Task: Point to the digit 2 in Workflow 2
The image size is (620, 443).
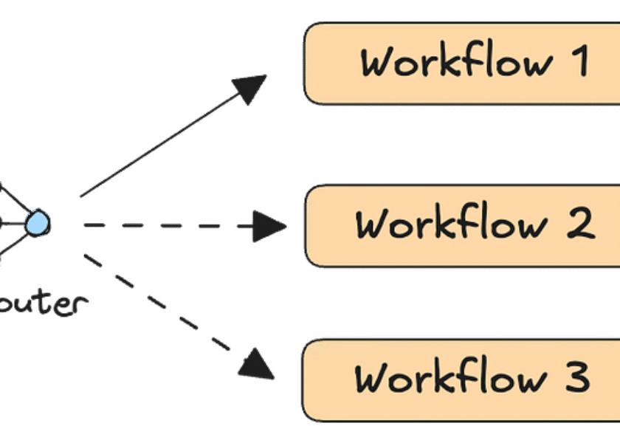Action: (581, 223)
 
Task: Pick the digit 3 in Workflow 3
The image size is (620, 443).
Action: (576, 378)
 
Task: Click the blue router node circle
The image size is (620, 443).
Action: (36, 223)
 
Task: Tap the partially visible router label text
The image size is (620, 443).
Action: (44, 303)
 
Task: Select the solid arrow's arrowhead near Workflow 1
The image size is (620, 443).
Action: (251, 86)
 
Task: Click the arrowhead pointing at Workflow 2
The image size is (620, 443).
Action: (269, 224)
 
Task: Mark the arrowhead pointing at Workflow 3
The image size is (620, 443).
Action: (258, 364)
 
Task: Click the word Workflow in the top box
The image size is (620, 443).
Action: (455, 63)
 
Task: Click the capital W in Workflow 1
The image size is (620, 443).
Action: (378, 63)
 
